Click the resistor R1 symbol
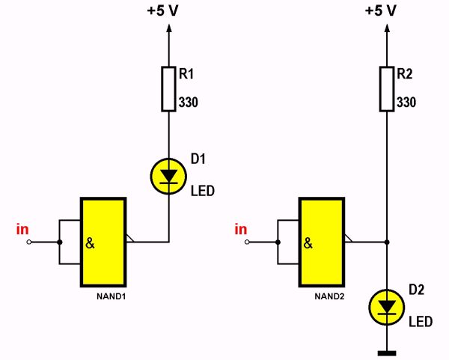pos(169,89)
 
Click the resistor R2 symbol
pos(386,89)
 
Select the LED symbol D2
pos(386,307)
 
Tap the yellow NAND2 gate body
pos(321,242)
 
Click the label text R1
pos(186,74)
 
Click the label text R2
pos(404,74)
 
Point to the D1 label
pos(198,159)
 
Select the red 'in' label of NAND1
pos(23,228)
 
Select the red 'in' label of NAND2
pos(241,228)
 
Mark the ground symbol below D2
pos(386,353)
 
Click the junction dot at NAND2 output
pos(386,242)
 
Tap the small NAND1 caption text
pos(110,297)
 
